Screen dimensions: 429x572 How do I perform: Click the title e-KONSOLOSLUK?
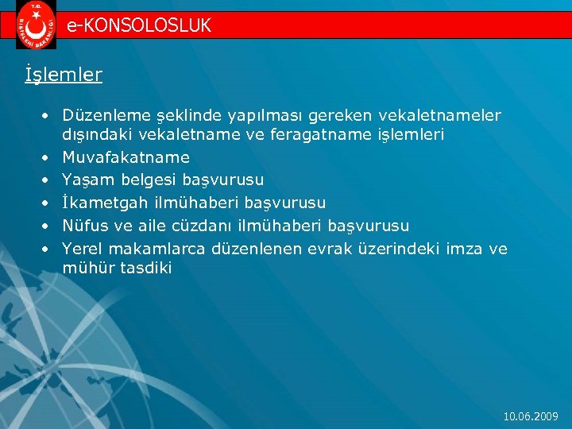pos(139,25)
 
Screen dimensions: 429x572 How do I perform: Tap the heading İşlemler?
pos(64,75)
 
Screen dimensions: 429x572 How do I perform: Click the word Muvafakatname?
pos(126,157)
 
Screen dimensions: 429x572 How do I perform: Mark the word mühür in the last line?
pos(83,268)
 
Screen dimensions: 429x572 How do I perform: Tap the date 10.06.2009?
pos(531,416)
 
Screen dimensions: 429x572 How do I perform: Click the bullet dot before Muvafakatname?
pos(48,157)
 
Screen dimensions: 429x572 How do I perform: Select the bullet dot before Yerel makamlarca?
pos(48,249)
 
